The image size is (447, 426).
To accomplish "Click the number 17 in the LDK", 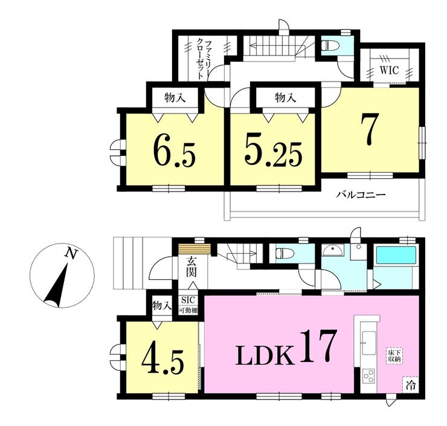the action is [x=317, y=346].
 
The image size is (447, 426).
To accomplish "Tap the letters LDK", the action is [x=265, y=354].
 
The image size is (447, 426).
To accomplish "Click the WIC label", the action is [x=389, y=70].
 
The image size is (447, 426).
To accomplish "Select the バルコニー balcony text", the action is [x=361, y=195].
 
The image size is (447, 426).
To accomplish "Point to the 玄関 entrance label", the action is [x=191, y=267].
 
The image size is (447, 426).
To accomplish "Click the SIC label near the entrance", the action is [x=188, y=300].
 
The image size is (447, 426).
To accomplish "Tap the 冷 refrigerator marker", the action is [x=411, y=386].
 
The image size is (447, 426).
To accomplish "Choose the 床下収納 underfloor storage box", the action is [x=394, y=355].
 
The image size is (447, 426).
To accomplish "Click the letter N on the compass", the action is [x=71, y=253].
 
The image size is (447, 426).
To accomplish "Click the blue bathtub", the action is [x=396, y=255].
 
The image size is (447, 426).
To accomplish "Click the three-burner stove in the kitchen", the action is [x=368, y=376].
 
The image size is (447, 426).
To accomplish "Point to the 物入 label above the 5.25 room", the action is [x=285, y=98].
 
